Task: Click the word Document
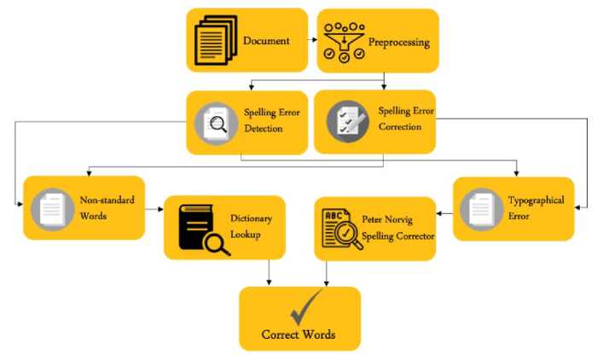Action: coord(266,41)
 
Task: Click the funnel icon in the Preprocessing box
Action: coord(344,41)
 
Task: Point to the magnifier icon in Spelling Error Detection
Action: coord(214,124)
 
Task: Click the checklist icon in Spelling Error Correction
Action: coord(346,123)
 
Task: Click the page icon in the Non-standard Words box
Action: coord(50,208)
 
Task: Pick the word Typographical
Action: coord(536,201)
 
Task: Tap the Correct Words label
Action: coord(298,335)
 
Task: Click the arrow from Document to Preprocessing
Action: coord(312,40)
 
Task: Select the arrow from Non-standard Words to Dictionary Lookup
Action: coord(154,208)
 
